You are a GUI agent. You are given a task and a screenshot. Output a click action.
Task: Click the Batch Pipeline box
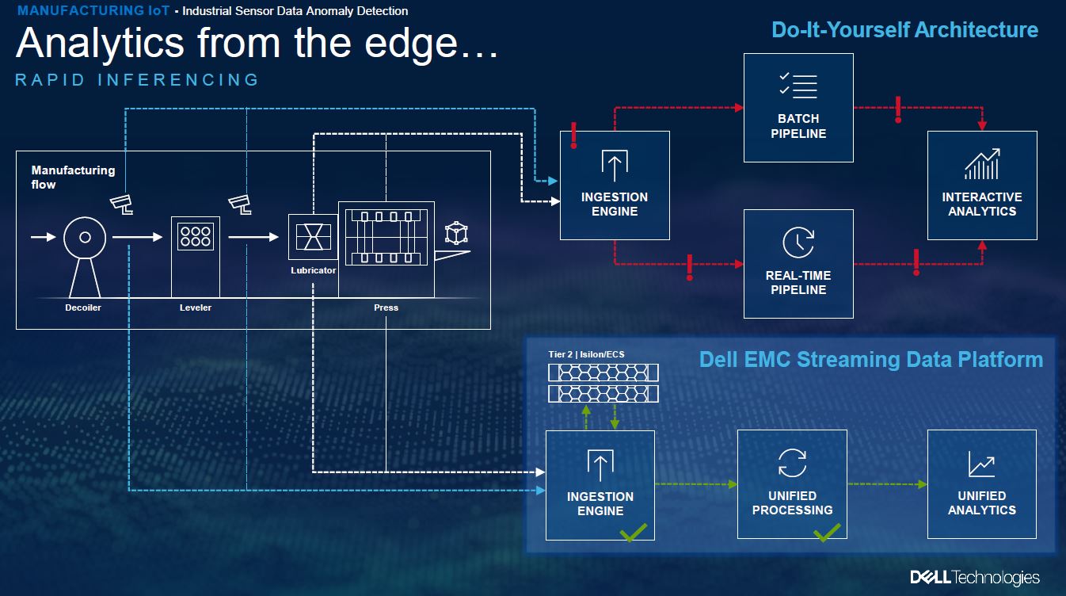798,108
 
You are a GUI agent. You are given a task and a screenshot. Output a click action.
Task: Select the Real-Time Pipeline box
798,264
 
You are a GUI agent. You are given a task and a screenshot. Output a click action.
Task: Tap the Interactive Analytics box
982,185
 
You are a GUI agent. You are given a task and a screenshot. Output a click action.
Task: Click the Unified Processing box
792,484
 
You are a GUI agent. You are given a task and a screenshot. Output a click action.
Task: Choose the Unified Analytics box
982,484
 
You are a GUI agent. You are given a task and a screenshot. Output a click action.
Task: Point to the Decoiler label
83,308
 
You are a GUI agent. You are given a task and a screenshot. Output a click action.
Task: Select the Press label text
386,308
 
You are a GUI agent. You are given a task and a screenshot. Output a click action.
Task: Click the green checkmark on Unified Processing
827,533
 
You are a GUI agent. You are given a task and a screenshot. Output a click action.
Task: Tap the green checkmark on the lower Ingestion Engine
634,533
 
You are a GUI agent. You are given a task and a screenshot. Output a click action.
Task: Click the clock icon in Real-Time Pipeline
798,243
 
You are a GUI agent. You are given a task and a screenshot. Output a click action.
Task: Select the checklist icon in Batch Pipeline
798,86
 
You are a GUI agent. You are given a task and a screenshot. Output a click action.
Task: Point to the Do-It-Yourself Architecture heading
904,30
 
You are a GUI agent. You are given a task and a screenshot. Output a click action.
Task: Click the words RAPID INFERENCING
137,80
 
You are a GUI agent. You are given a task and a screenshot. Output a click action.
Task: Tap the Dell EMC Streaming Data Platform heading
870,360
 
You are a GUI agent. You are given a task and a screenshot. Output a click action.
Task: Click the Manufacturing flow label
73,177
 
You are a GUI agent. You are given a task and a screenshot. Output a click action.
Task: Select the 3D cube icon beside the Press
456,232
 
